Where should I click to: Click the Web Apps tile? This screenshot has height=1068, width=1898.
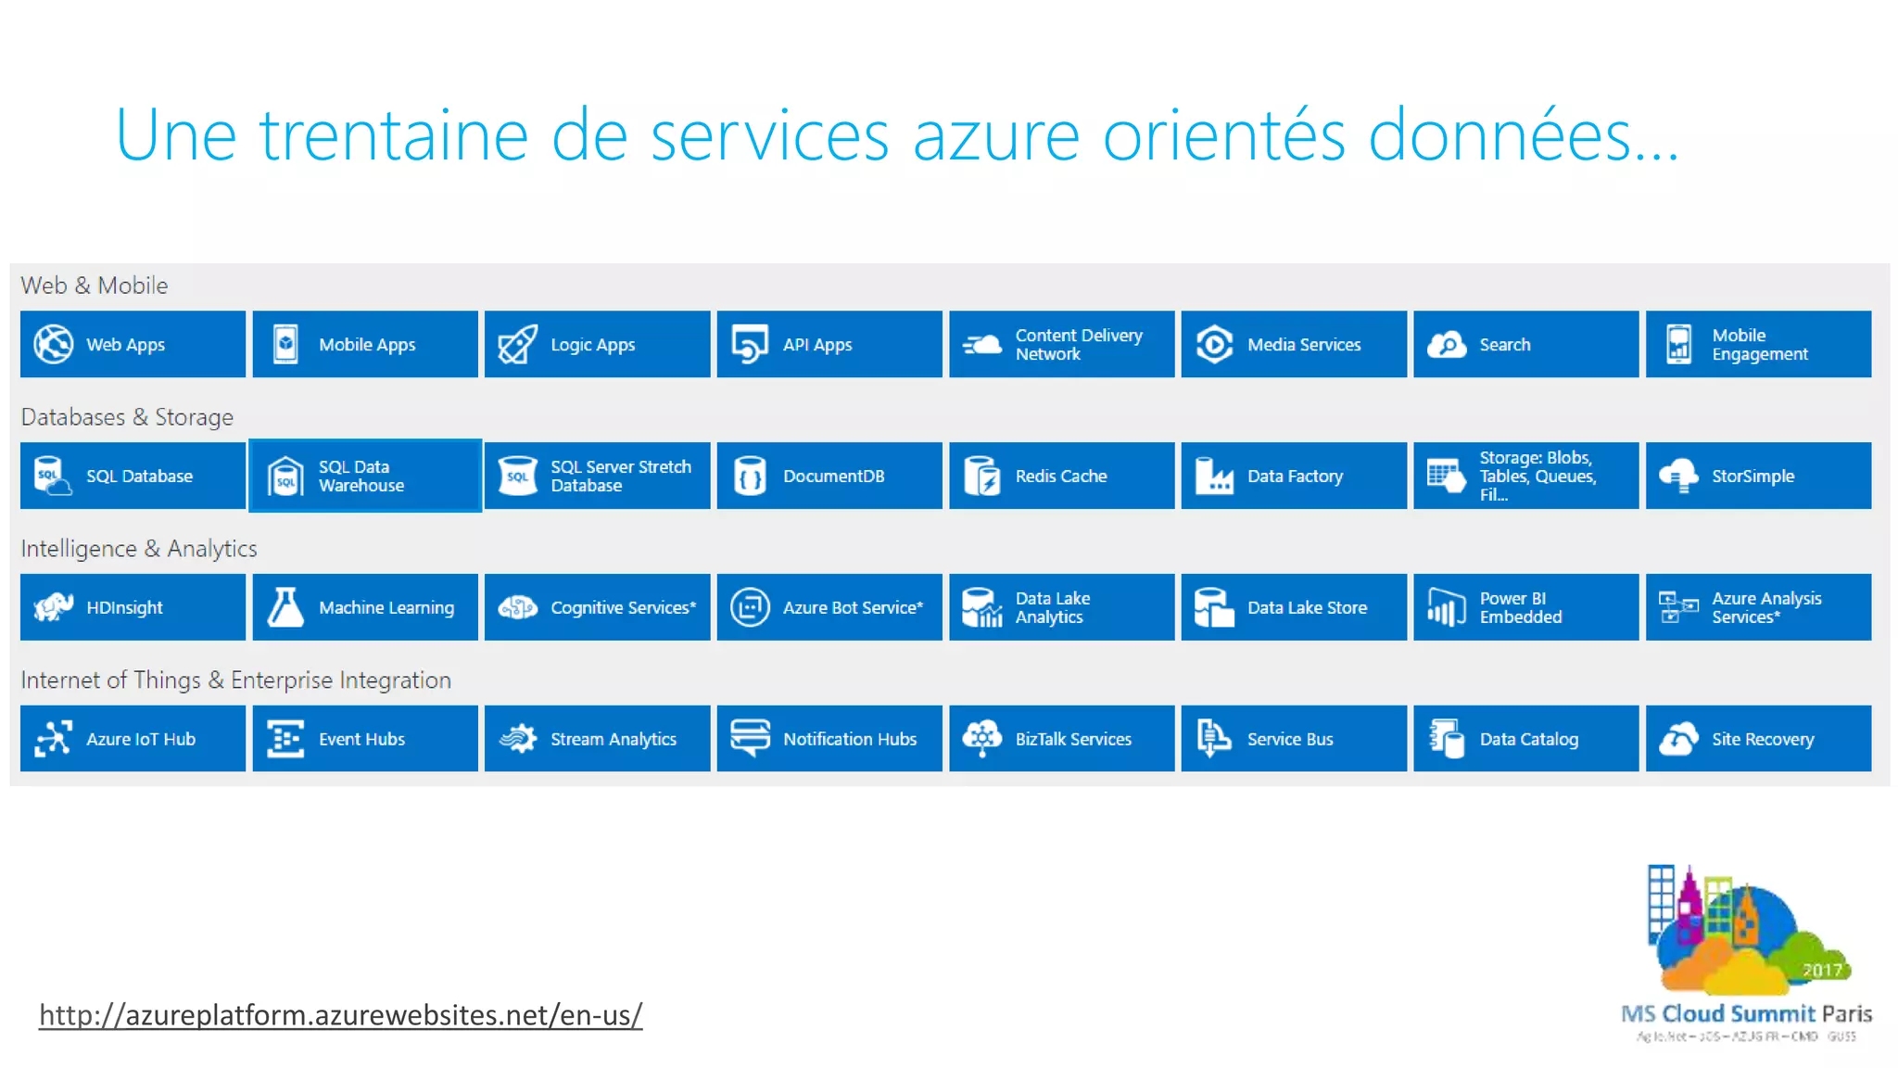(x=133, y=344)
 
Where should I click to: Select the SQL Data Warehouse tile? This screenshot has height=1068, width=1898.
(x=365, y=476)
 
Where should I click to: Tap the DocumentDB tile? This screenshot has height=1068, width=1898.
(x=829, y=476)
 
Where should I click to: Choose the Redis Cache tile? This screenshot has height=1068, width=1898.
(x=1061, y=476)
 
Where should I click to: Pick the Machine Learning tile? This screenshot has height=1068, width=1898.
(x=365, y=607)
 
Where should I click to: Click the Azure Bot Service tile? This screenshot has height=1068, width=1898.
(x=829, y=607)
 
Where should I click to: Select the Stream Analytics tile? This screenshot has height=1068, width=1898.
(x=597, y=739)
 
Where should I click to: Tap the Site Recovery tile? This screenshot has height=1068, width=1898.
(x=1758, y=739)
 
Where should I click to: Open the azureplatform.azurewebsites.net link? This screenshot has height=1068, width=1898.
(x=340, y=1015)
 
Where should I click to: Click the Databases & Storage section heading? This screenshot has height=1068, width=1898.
(x=127, y=417)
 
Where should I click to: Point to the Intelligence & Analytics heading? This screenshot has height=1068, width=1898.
(x=139, y=549)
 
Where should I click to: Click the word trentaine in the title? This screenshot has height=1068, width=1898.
(x=393, y=136)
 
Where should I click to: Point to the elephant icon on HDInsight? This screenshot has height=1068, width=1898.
(x=53, y=607)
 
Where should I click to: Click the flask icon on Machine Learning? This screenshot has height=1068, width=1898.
(x=285, y=607)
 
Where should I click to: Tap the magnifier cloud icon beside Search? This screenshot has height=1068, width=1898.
(x=1447, y=345)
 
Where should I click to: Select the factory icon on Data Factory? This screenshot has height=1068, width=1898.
(x=1214, y=477)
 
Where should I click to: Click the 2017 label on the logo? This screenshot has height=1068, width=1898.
(x=1821, y=970)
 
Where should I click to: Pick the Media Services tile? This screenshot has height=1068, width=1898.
(x=1294, y=344)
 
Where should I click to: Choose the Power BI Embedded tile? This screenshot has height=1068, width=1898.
(x=1525, y=607)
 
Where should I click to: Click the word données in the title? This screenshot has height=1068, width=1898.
(x=1501, y=136)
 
